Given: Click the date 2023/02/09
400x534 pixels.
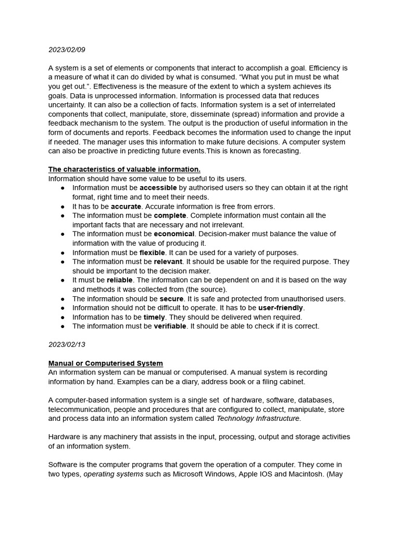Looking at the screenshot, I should [x=67, y=50].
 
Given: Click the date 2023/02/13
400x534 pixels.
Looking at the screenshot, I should [x=67, y=345].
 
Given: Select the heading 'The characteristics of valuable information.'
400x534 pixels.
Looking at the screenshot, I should [x=124, y=169].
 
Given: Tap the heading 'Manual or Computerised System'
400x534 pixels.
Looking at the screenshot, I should [x=105, y=363].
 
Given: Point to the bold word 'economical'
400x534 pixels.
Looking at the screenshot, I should [x=174, y=234].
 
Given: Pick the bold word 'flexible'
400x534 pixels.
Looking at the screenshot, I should [x=152, y=252].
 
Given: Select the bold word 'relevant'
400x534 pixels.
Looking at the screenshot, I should [x=168, y=262].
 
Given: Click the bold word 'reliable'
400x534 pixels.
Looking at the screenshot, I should [x=120, y=280].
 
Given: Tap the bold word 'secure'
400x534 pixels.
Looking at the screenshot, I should [x=171, y=299].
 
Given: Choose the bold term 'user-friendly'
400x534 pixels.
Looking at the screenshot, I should [x=280, y=308].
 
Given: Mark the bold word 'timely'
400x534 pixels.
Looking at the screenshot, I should [x=154, y=317].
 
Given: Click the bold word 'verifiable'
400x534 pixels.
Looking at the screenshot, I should [x=170, y=326].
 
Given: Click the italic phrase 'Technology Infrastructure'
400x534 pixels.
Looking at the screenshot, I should [x=257, y=419].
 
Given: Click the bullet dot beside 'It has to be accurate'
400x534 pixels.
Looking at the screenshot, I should [x=63, y=207].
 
